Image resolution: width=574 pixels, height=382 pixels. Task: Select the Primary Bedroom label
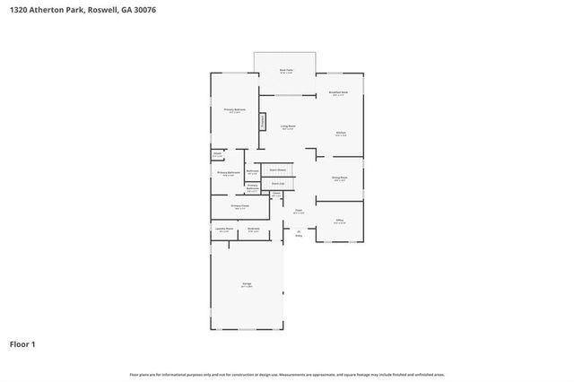(235, 110)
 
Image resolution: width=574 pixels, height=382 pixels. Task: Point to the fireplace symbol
(263, 121)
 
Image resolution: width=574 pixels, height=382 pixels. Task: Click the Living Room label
(288, 126)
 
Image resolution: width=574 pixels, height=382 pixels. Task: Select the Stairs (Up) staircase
(278, 184)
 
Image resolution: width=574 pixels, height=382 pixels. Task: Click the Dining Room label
(340, 178)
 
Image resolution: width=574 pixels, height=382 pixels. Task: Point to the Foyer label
(298, 212)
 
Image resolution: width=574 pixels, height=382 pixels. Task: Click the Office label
(340, 221)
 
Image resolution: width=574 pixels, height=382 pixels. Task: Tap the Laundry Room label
(223, 230)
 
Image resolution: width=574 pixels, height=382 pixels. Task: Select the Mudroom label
(254, 230)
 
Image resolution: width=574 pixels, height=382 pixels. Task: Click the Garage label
(246, 285)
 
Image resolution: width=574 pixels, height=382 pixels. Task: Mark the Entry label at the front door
(298, 236)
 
